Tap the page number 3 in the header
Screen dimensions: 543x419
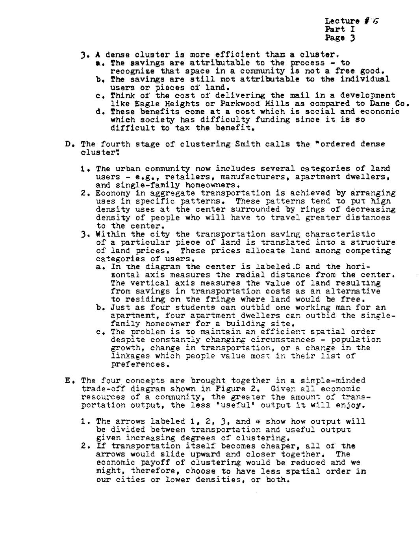[353, 38]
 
